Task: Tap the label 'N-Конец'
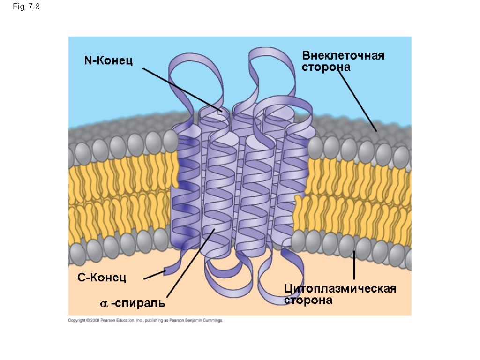click(108, 60)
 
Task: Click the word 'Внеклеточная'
click(343, 56)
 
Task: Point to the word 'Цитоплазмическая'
click(340, 288)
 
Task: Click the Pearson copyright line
click(146, 321)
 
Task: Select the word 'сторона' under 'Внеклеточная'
click(326, 67)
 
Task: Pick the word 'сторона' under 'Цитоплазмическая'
click(308, 300)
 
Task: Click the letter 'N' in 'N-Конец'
click(88, 60)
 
